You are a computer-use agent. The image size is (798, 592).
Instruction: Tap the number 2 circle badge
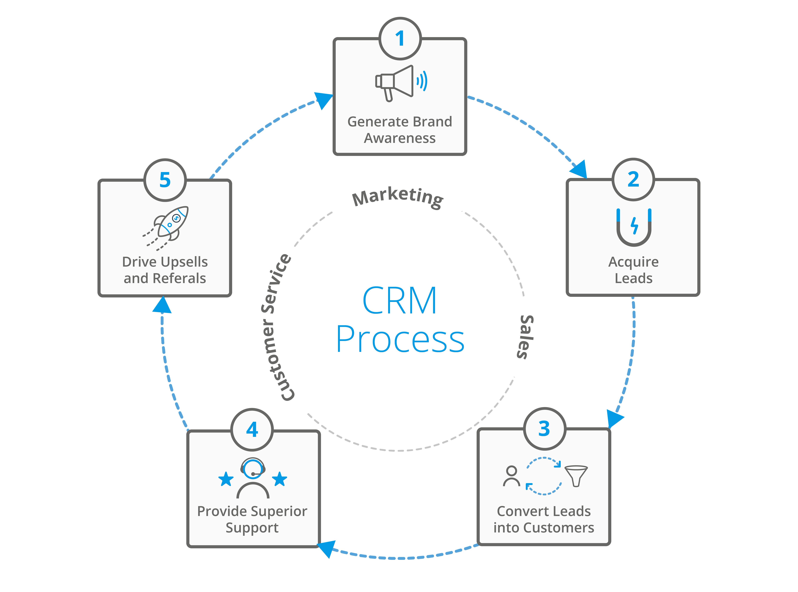(x=633, y=179)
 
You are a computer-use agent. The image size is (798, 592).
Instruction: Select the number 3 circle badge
(x=544, y=429)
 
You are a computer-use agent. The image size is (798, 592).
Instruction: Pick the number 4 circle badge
(x=252, y=429)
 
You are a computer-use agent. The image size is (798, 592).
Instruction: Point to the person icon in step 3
(x=511, y=476)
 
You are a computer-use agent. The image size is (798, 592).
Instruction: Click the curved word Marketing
(x=398, y=196)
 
